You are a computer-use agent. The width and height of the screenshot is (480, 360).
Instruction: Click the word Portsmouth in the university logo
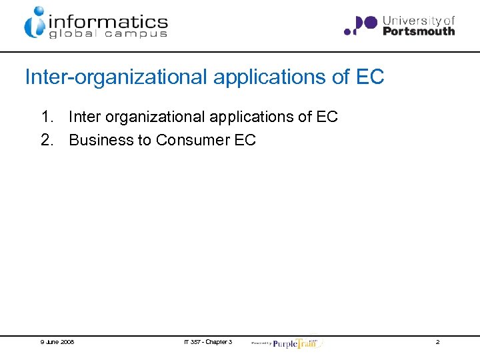pos(419,31)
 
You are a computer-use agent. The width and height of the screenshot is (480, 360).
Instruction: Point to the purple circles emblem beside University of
pos(360,25)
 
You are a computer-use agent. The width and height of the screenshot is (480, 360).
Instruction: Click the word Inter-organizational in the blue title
pos(117,77)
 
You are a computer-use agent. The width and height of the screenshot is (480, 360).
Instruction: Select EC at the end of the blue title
pos(370,77)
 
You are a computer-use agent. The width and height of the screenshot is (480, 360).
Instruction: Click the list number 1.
pos(47,117)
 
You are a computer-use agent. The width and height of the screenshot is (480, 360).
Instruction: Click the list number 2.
pos(47,140)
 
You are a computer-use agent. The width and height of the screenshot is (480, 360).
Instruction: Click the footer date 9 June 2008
pos(57,342)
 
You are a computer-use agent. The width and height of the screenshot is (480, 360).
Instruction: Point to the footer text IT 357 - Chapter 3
pos(208,342)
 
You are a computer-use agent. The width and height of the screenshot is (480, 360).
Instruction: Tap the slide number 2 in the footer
pos(437,342)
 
